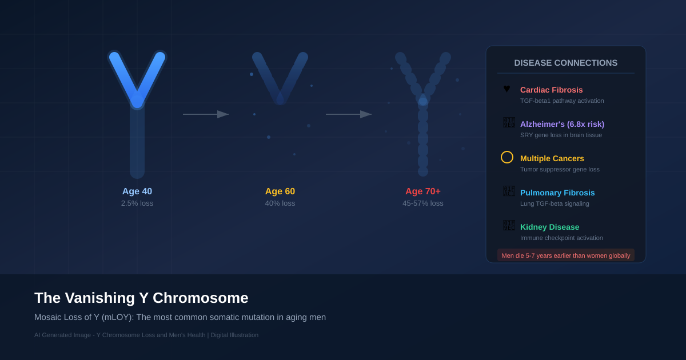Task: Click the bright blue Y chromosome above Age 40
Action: (x=137, y=114)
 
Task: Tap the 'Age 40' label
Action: (x=137, y=191)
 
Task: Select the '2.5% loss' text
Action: (x=137, y=203)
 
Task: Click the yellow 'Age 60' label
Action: (x=280, y=191)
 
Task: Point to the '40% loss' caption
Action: (x=280, y=203)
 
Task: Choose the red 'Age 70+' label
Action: (x=423, y=191)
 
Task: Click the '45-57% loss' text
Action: (x=423, y=203)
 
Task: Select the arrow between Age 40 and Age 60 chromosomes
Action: (x=206, y=114)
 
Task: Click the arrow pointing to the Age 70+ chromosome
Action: (x=349, y=114)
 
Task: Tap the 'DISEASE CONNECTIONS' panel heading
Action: (x=566, y=63)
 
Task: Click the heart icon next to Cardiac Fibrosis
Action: (x=506, y=89)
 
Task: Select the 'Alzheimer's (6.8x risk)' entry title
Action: (x=562, y=124)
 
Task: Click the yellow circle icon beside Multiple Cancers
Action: (x=507, y=157)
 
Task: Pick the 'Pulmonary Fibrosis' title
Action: (x=557, y=193)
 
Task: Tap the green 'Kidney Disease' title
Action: (x=549, y=227)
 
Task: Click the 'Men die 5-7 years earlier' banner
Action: (x=566, y=255)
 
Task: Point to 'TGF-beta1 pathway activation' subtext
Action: (x=562, y=101)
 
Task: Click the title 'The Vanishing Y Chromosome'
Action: (x=141, y=298)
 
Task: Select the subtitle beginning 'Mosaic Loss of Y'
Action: (x=180, y=317)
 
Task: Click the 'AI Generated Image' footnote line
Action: (x=146, y=335)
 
